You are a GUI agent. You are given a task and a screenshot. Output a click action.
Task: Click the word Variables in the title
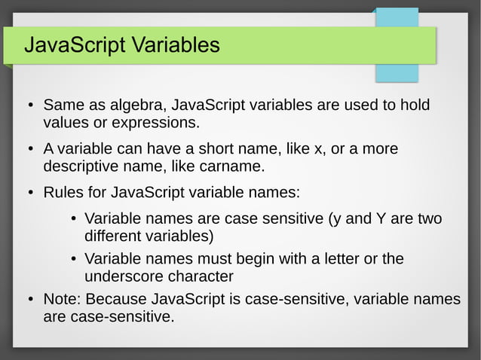click(175, 45)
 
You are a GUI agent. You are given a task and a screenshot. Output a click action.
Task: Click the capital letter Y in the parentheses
click(381, 219)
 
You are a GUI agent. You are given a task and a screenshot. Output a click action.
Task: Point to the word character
click(202, 276)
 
